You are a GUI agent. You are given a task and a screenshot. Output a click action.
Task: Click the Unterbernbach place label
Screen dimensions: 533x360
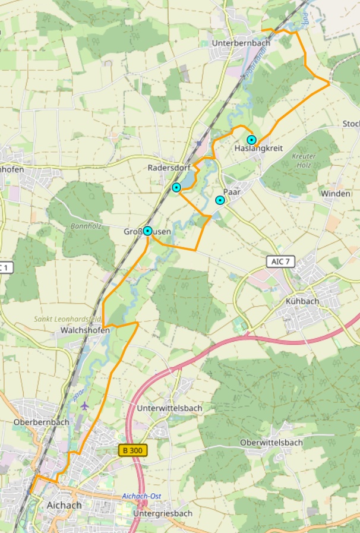pyautogui.click(x=242, y=43)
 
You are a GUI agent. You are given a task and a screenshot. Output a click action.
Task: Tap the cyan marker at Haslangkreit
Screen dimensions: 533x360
pyautogui.click(x=251, y=140)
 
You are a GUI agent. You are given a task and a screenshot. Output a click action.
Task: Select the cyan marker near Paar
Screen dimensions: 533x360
pyautogui.click(x=220, y=200)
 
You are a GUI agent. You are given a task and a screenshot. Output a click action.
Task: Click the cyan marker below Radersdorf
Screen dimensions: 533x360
pyautogui.click(x=176, y=188)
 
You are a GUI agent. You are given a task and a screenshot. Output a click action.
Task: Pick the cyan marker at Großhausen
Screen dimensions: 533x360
pyautogui.click(x=147, y=231)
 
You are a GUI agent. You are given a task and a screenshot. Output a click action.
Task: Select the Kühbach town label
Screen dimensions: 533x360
pyautogui.click(x=302, y=301)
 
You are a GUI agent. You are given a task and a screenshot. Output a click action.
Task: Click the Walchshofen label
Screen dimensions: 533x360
pyautogui.click(x=81, y=330)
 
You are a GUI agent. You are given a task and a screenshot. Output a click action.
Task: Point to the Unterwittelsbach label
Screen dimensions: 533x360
pyautogui.click(x=169, y=408)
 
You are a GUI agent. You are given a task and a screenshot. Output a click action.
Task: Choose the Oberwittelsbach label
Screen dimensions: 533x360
pyautogui.click(x=271, y=443)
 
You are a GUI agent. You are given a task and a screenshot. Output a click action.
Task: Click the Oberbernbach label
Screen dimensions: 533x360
pyautogui.click(x=41, y=422)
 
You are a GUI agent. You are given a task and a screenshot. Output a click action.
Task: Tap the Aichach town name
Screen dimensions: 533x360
pyautogui.click(x=64, y=505)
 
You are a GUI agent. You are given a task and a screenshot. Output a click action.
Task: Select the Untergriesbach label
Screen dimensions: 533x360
pyautogui.click(x=163, y=513)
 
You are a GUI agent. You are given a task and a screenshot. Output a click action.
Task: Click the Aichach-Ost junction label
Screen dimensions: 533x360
pyautogui.click(x=141, y=496)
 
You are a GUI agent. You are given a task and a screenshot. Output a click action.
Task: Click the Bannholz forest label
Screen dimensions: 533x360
pyautogui.click(x=86, y=226)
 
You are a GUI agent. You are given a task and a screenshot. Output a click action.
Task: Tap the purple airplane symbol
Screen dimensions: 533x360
pyautogui.click(x=85, y=406)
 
